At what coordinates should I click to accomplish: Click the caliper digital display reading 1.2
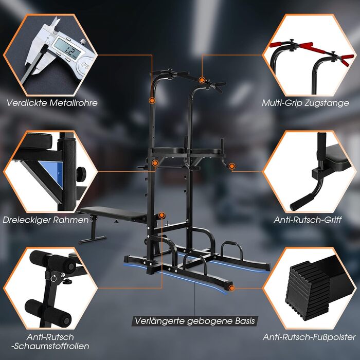click(67, 48)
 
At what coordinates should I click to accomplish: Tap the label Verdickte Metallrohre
click(52, 103)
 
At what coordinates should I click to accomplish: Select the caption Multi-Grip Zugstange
click(305, 103)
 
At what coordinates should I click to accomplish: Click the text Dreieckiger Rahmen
click(46, 220)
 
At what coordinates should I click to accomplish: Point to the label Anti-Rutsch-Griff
click(308, 220)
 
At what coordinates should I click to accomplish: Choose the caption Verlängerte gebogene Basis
click(195, 321)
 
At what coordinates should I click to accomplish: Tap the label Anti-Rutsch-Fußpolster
click(309, 337)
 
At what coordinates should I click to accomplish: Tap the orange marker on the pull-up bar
click(202, 80)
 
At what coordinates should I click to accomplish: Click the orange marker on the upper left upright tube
click(152, 100)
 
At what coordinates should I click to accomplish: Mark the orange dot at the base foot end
click(231, 288)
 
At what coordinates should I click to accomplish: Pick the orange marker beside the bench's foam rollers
click(162, 215)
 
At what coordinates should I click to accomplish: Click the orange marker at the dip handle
click(232, 166)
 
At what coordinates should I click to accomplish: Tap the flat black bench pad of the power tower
click(114, 213)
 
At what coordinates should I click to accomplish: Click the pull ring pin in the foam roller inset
click(53, 278)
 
